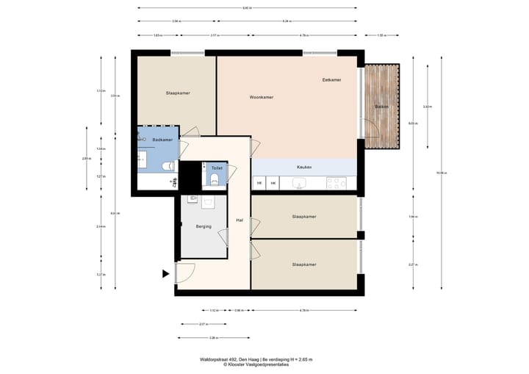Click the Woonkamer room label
click(x=262, y=97)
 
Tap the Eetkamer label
click(x=332, y=79)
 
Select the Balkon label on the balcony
click(x=381, y=107)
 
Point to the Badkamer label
click(x=162, y=140)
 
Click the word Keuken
click(x=304, y=168)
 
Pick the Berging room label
click(x=204, y=226)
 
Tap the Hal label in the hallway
click(x=240, y=220)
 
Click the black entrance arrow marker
click(x=165, y=275)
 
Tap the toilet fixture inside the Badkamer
click(x=166, y=166)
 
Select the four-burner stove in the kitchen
click(x=337, y=182)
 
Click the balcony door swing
click(x=371, y=132)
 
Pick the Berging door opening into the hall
click(x=223, y=237)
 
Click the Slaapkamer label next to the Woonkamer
click(x=178, y=93)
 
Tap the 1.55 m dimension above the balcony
click(x=381, y=35)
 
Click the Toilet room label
click(x=217, y=168)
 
